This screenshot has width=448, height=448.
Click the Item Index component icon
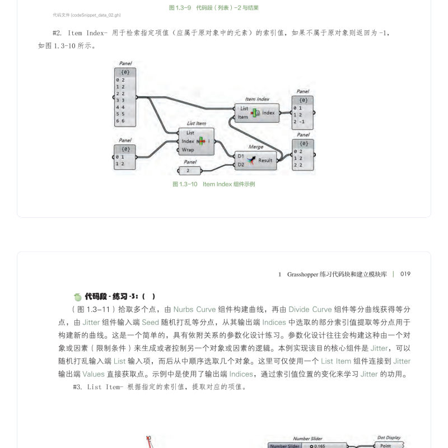[x=256, y=113]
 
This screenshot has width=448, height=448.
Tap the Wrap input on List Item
[x=188, y=150]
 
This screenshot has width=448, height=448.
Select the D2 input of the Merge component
[x=240, y=165]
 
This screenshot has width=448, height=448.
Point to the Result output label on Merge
[x=265, y=160]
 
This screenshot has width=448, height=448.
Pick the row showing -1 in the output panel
[x=302, y=122]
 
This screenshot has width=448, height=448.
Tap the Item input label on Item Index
[x=242, y=117]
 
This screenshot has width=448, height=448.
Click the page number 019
[x=405, y=274]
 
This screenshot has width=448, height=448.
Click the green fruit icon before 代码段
[x=77, y=297]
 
